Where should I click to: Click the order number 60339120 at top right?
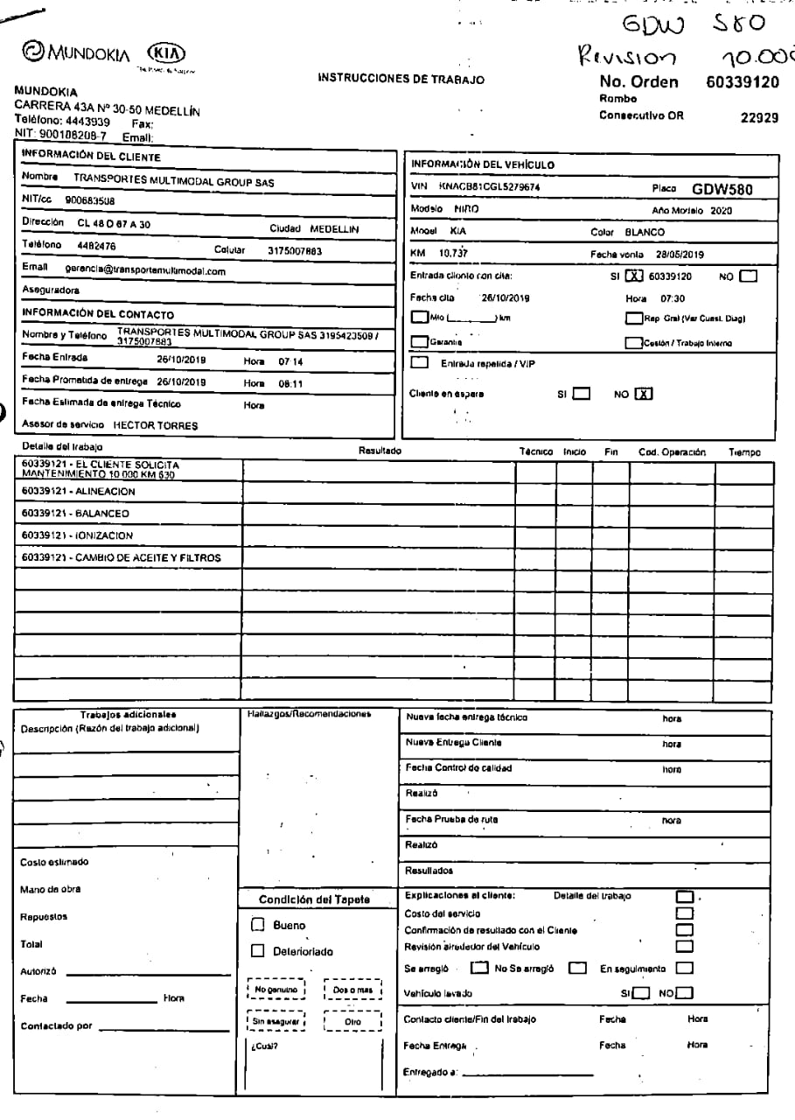pyautogui.click(x=742, y=83)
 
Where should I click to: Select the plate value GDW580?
pyautogui.click(x=722, y=189)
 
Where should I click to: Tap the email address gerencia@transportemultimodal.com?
pyautogui.click(x=145, y=270)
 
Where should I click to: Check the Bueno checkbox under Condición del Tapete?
pyautogui.click(x=257, y=924)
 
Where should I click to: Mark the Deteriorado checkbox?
pyautogui.click(x=257, y=951)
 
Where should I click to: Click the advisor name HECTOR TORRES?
pyautogui.click(x=155, y=424)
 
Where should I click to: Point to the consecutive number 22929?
pyautogui.click(x=759, y=117)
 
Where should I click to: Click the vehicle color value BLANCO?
pyautogui.click(x=645, y=233)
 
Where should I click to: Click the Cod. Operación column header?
pyautogui.click(x=672, y=452)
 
